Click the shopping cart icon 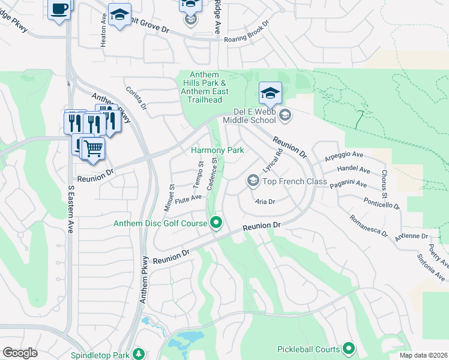[92, 147]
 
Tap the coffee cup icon [59, 9]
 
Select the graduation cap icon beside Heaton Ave [119, 14]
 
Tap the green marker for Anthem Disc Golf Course [217, 224]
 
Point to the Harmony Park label [217, 150]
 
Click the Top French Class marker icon [253, 181]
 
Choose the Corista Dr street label [136, 98]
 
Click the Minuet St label [170, 194]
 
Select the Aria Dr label [264, 202]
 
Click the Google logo [20, 353]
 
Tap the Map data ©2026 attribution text [423, 355]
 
